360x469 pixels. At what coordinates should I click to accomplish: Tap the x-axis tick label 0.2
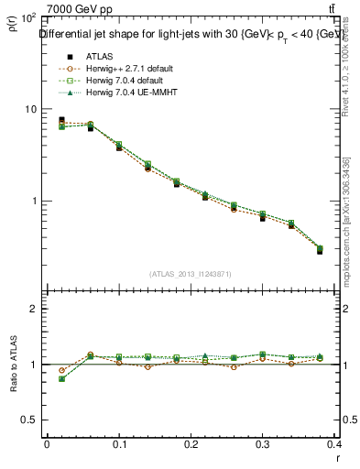pos(191,444)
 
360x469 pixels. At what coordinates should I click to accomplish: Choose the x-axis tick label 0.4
pos(336,444)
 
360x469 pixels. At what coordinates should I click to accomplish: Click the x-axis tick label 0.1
pos(119,444)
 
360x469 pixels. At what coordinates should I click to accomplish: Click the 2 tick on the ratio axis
pos(33,309)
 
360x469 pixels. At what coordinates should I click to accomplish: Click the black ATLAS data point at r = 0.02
pos(61,120)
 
